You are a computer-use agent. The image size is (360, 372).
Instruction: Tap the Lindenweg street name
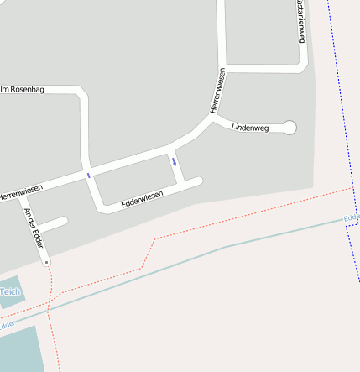pos(249,123)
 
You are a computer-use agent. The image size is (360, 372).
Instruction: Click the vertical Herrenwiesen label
pos(218,91)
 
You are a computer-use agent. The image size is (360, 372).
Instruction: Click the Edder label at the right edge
pos(351,218)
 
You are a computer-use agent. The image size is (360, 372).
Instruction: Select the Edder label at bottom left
pos(6,323)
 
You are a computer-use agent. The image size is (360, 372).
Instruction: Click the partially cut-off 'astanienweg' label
pos(300,20)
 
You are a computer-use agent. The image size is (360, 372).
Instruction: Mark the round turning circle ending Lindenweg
pos(290,128)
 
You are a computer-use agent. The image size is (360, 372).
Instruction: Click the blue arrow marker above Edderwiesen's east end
pos(174,161)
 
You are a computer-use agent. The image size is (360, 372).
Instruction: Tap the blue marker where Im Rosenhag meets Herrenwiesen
pos(87,175)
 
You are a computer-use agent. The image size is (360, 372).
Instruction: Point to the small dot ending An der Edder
pos(47,262)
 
